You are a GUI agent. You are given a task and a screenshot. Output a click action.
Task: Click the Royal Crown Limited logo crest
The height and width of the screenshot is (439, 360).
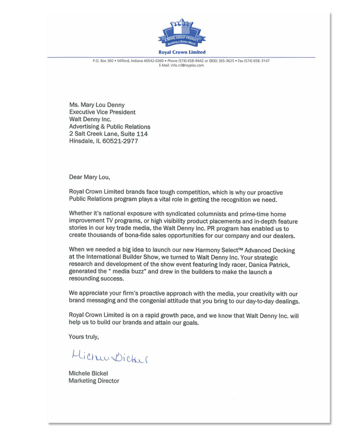pos(182,34)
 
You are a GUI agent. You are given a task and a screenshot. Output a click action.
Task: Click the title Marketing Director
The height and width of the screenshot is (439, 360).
pos(94,381)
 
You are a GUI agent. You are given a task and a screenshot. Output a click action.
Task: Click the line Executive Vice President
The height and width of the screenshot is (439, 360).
pos(102,112)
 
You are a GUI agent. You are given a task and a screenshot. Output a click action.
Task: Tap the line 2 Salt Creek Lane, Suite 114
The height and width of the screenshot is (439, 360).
pos(108,134)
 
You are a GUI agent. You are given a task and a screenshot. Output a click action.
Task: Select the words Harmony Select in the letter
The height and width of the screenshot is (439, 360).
pos(210,250)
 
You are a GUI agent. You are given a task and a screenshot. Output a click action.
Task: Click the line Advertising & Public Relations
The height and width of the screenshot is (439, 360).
pos(109,126)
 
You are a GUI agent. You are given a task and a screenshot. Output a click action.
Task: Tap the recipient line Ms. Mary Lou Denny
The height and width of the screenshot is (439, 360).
pos(97,105)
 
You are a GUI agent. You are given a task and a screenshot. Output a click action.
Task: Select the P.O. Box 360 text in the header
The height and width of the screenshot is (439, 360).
pos(103,61)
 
